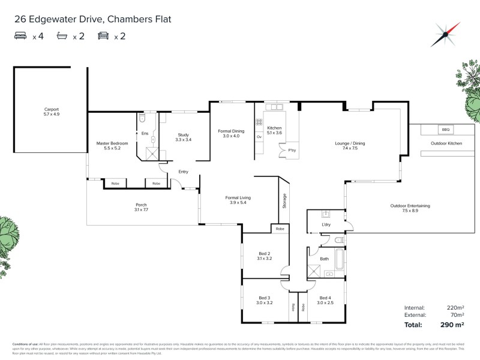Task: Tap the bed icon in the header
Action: (x=20, y=37)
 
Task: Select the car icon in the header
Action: (x=103, y=37)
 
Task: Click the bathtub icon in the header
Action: (x=62, y=37)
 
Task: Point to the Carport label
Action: (x=51, y=111)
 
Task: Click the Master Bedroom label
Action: (x=112, y=146)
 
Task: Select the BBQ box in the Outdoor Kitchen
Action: (x=445, y=130)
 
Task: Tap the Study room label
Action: (x=184, y=137)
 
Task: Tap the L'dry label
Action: (x=326, y=224)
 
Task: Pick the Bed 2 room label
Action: (x=265, y=256)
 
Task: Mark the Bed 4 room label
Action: (x=325, y=300)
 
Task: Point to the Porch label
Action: (x=141, y=207)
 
